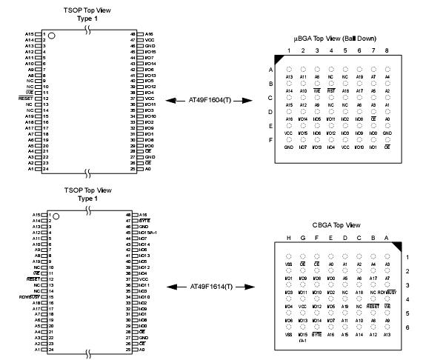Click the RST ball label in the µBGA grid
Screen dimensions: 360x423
pyautogui.click(x=331, y=91)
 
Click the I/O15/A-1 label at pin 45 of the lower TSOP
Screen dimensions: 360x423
pyautogui.click(x=152, y=232)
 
